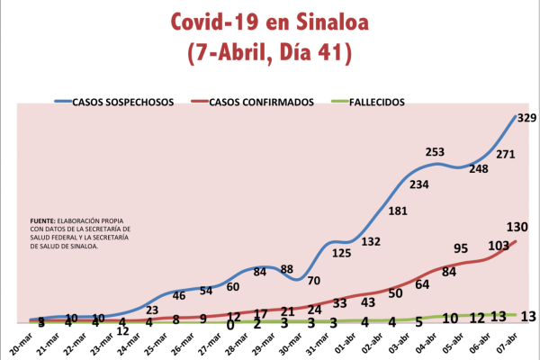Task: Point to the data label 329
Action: [527, 118]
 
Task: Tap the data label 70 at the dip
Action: [314, 281]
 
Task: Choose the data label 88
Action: [287, 269]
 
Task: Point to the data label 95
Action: [461, 248]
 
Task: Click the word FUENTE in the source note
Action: [41, 220]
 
